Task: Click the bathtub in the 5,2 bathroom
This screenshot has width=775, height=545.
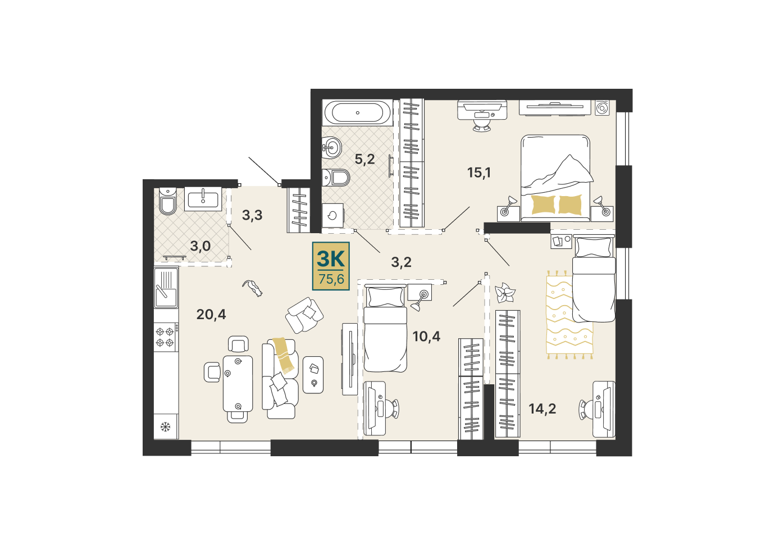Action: point(357,112)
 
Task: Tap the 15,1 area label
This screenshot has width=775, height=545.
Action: point(479,172)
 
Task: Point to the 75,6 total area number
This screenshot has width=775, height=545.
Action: point(331,279)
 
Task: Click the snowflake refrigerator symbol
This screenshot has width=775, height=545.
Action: point(165,427)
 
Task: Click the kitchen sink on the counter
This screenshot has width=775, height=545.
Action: point(166,288)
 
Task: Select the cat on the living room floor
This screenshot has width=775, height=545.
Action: point(253,288)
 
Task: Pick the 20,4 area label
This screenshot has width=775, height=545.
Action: point(211,315)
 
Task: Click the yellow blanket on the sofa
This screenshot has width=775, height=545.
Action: point(284,356)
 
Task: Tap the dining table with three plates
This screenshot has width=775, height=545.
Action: point(238,384)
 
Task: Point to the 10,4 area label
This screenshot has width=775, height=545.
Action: point(426,336)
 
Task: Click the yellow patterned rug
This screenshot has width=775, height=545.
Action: point(569,315)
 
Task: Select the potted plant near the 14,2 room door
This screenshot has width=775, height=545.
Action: point(505,293)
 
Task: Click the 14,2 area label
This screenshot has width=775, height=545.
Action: point(542,409)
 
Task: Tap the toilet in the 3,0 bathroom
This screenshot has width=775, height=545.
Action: point(167,202)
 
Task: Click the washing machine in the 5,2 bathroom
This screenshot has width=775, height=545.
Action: point(332,215)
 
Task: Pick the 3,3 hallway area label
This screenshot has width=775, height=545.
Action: point(252,215)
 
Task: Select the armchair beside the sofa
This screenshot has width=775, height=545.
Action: point(304,315)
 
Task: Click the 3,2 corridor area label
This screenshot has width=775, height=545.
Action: point(402,262)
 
